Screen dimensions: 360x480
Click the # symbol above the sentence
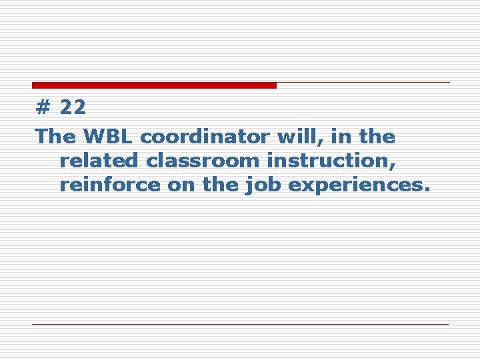[43, 107]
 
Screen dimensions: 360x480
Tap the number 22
[73, 107]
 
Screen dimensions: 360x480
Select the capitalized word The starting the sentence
[56, 137]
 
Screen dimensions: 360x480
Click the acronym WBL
[109, 137]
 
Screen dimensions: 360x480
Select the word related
[97, 161]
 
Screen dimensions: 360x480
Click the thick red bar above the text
[154, 85]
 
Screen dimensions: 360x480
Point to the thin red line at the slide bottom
[240, 324]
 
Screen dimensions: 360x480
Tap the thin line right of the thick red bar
[363, 83]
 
